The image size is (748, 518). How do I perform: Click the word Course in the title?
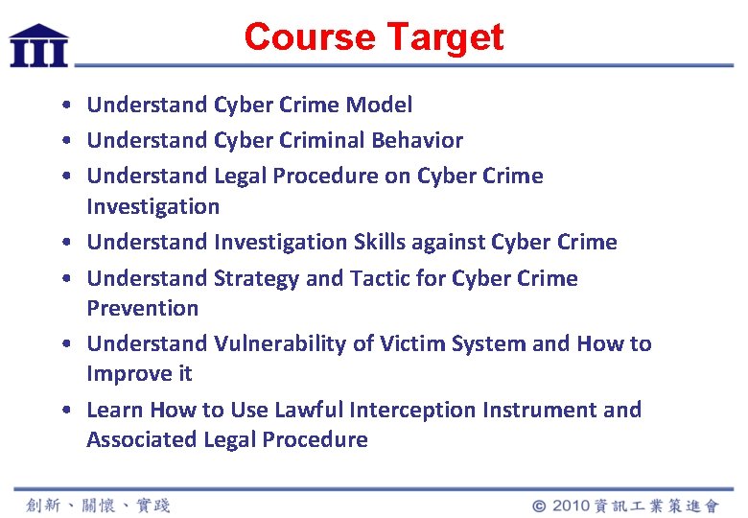coord(309,37)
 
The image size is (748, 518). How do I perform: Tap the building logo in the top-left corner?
coord(38,45)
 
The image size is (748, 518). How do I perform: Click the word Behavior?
coord(417,140)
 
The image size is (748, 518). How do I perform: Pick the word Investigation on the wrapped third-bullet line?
coord(152,206)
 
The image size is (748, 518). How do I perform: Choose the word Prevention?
coord(142,308)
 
